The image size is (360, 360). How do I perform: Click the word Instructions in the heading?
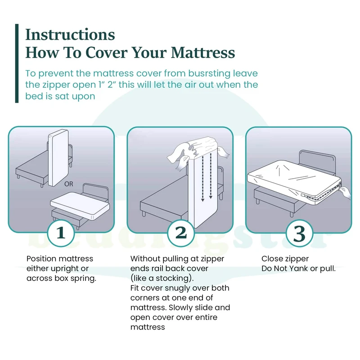(70, 35)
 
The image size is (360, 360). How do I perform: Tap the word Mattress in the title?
(203, 53)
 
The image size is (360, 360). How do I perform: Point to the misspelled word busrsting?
(209, 74)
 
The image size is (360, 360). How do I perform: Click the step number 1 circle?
(61, 233)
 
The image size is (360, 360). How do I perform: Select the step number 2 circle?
(181, 233)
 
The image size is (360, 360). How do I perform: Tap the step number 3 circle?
(299, 233)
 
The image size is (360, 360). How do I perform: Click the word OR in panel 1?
(69, 184)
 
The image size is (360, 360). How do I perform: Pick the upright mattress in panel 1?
(58, 157)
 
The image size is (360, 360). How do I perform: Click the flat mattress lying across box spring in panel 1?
(80, 206)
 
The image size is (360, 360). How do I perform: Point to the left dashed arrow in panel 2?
(202, 178)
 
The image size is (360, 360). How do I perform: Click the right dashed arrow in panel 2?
(211, 176)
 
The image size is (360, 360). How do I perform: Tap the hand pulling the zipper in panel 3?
(345, 193)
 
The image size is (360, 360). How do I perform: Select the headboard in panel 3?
(318, 162)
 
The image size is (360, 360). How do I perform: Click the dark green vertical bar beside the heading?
(17, 63)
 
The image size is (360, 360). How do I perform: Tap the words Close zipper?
(285, 259)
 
